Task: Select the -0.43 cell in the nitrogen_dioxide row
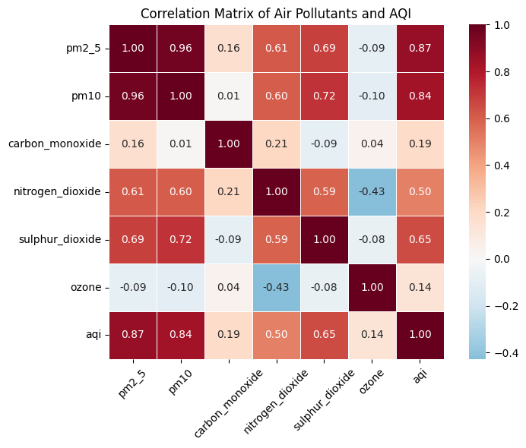pos(372,191)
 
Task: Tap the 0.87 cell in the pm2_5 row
pos(420,48)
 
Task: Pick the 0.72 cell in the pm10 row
pos(325,96)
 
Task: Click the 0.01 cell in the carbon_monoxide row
pos(181,144)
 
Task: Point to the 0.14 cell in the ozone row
pos(420,287)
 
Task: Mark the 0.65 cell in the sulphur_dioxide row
pos(420,239)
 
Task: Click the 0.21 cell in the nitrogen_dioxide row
pos(229,191)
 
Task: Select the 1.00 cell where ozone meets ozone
pos(372,287)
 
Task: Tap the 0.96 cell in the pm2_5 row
pos(181,48)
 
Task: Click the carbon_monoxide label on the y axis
pos(55,144)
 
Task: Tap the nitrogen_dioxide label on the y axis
pos(57,191)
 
